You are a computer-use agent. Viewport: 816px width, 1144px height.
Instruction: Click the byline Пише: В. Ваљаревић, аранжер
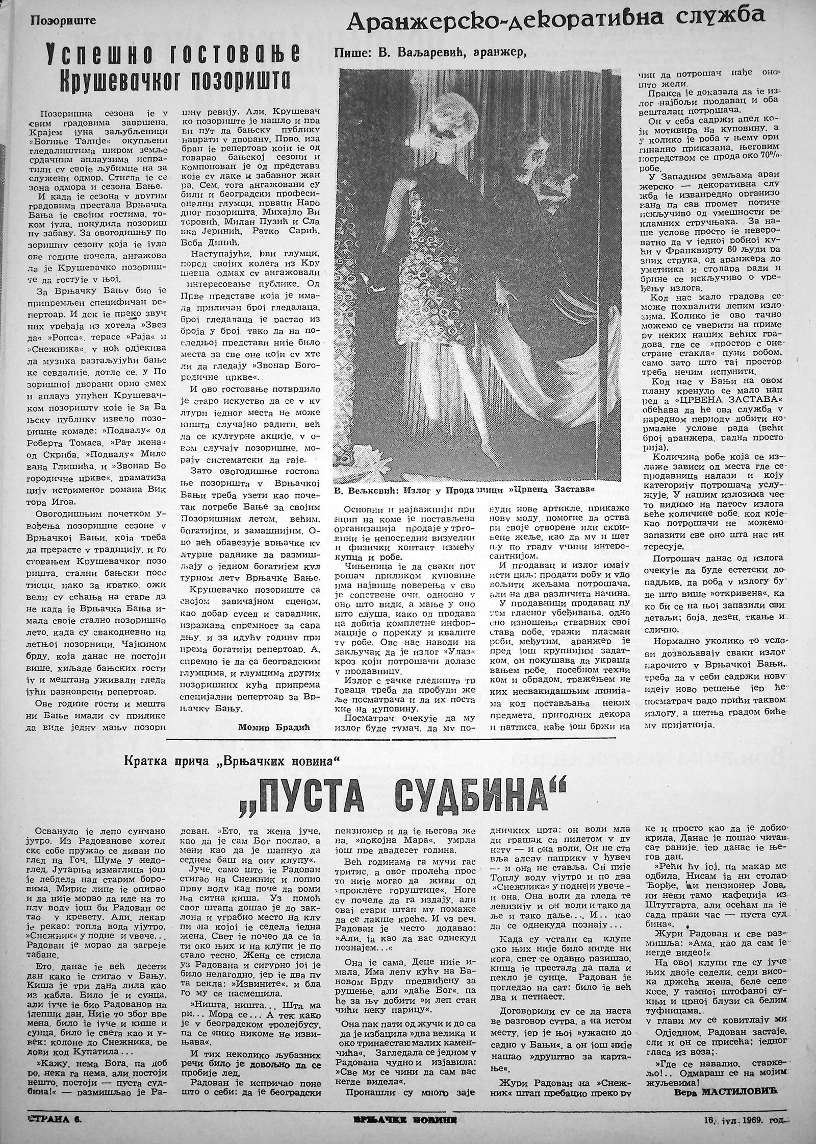(x=430, y=53)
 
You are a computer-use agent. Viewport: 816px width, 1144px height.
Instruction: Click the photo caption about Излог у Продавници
(x=464, y=490)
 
